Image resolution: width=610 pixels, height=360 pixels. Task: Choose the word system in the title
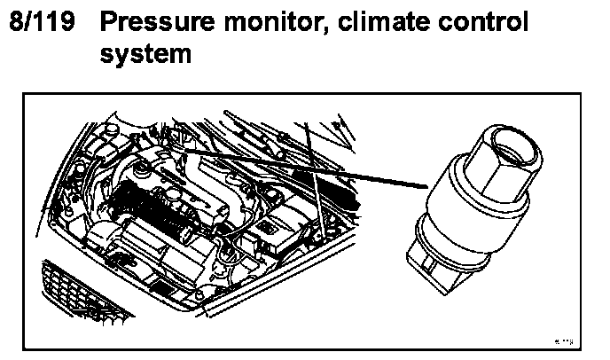[145, 54]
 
